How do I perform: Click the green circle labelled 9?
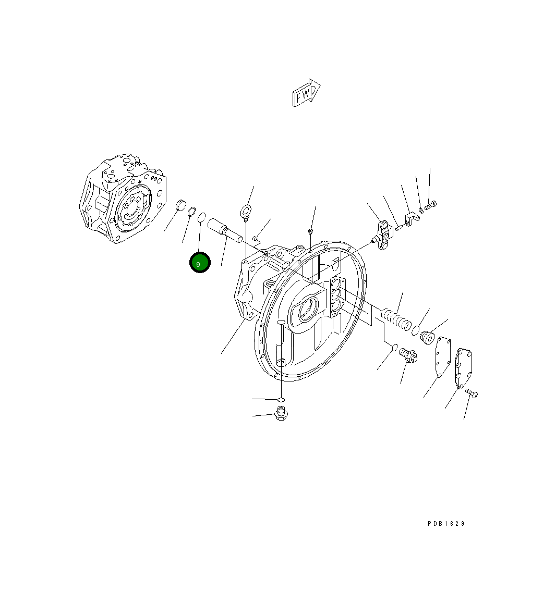coord(199,263)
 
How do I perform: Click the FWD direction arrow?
coord(306,93)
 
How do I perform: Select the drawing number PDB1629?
coord(446,523)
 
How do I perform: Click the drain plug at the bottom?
coord(282,415)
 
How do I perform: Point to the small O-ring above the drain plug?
coord(281,400)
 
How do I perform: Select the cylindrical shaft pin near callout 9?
coord(225,230)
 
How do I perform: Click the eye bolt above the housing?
coord(245,212)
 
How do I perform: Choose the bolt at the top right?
coord(431,206)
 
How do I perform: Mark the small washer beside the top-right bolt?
coord(421,210)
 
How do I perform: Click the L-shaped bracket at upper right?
coord(411,218)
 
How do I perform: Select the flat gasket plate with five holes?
coord(442,355)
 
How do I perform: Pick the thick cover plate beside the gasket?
coord(464,367)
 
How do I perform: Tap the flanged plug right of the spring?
coord(428,337)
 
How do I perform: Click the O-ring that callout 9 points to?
coord(202,216)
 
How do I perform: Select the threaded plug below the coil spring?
coord(408,356)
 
